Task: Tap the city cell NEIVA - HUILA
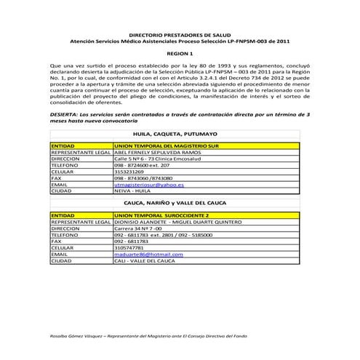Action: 132,191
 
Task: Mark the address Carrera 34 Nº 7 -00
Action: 138,229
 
